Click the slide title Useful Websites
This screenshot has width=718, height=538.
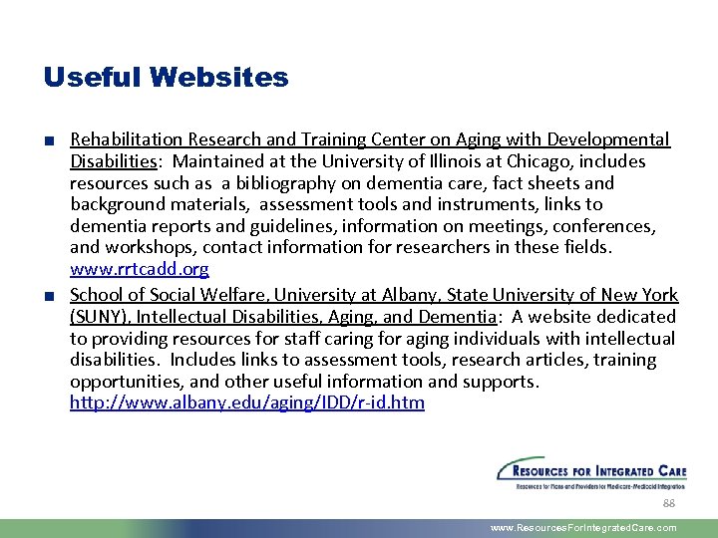pyautogui.click(x=167, y=78)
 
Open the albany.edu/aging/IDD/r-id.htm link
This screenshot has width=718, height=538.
pyautogui.click(x=247, y=403)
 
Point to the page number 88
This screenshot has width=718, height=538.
pyautogui.click(x=669, y=503)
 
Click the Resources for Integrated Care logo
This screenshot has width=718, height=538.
pyautogui.click(x=591, y=474)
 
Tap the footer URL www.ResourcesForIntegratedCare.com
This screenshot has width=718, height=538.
pyautogui.click(x=583, y=528)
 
